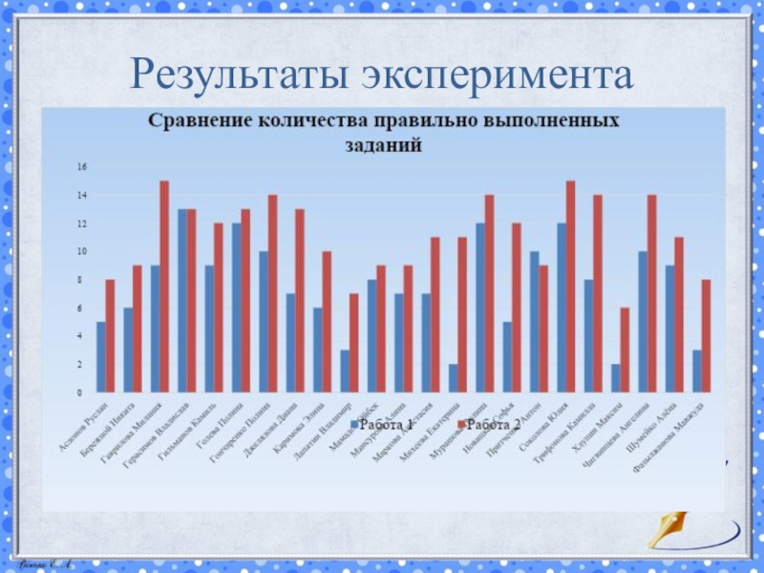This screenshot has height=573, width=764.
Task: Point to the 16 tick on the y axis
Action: click(x=82, y=167)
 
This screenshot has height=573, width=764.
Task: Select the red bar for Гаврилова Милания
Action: click(x=164, y=286)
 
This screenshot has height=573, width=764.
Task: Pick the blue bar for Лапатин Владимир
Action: click(x=344, y=371)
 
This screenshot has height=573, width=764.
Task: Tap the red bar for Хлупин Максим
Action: click(x=625, y=350)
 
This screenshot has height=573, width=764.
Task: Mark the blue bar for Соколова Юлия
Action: click(x=562, y=308)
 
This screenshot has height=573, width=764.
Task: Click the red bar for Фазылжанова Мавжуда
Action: click(x=706, y=335)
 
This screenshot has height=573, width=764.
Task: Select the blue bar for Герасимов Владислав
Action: click(x=181, y=300)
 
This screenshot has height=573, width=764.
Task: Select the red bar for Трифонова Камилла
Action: click(x=598, y=293)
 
